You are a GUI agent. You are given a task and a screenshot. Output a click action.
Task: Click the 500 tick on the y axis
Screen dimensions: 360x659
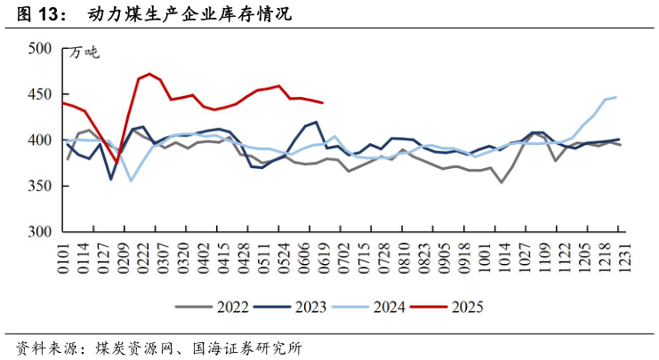[x=41, y=49]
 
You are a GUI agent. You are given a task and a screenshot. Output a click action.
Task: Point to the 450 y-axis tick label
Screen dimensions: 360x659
[x=41, y=94]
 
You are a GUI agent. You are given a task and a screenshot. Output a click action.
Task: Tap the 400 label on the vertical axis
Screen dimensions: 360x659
[x=41, y=140]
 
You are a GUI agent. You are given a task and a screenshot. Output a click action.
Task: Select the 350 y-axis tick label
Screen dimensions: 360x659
[x=41, y=187]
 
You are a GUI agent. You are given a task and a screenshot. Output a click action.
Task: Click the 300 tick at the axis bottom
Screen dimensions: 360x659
[x=41, y=232]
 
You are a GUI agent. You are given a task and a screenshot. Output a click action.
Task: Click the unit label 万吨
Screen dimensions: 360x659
[x=85, y=53]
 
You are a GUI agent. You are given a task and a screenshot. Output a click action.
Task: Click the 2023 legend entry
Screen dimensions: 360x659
[x=301, y=308]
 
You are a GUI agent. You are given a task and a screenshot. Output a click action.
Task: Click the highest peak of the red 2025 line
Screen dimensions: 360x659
[x=149, y=74]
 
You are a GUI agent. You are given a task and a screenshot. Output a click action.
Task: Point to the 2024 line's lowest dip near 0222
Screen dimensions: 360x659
[x=132, y=181]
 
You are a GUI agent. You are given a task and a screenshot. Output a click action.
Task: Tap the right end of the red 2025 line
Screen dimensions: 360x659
[x=322, y=103]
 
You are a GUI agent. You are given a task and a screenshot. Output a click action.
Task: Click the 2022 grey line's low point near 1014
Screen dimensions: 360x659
[x=502, y=182]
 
